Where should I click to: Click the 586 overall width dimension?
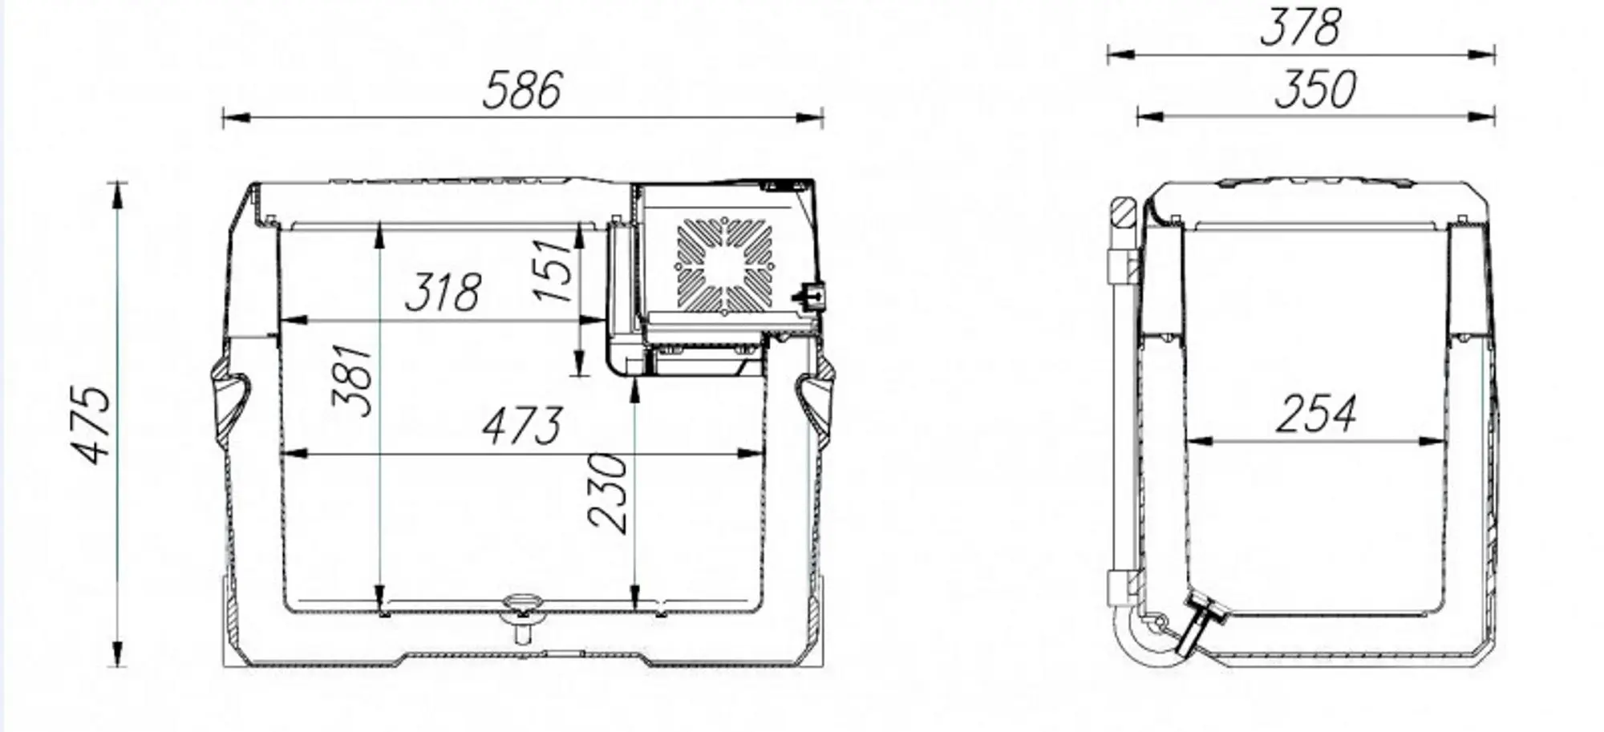pyautogui.click(x=522, y=90)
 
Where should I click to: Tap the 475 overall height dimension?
pyautogui.click(x=92, y=425)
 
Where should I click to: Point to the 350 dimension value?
pyautogui.click(x=1315, y=90)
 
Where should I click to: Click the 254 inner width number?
pyautogui.click(x=1315, y=414)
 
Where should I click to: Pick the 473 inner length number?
pyautogui.click(x=522, y=426)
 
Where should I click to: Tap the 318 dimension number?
pyautogui.click(x=443, y=293)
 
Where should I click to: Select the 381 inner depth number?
pyautogui.click(x=354, y=380)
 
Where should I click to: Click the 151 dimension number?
pyautogui.click(x=555, y=269)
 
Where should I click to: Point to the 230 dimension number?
pyautogui.click(x=607, y=492)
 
